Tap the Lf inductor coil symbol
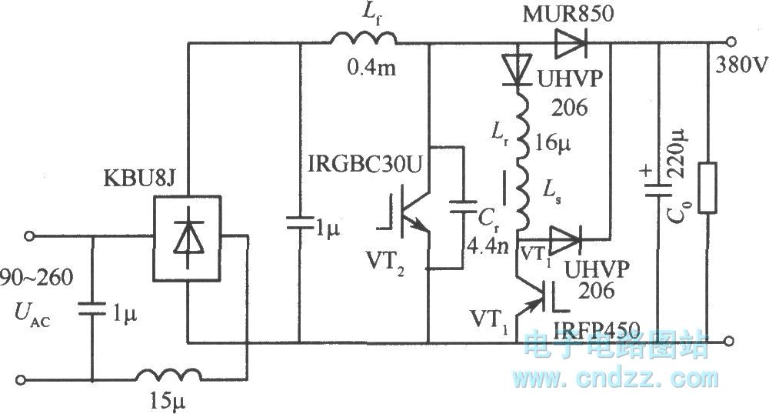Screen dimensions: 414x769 364,39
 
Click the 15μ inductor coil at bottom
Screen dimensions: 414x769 166,376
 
